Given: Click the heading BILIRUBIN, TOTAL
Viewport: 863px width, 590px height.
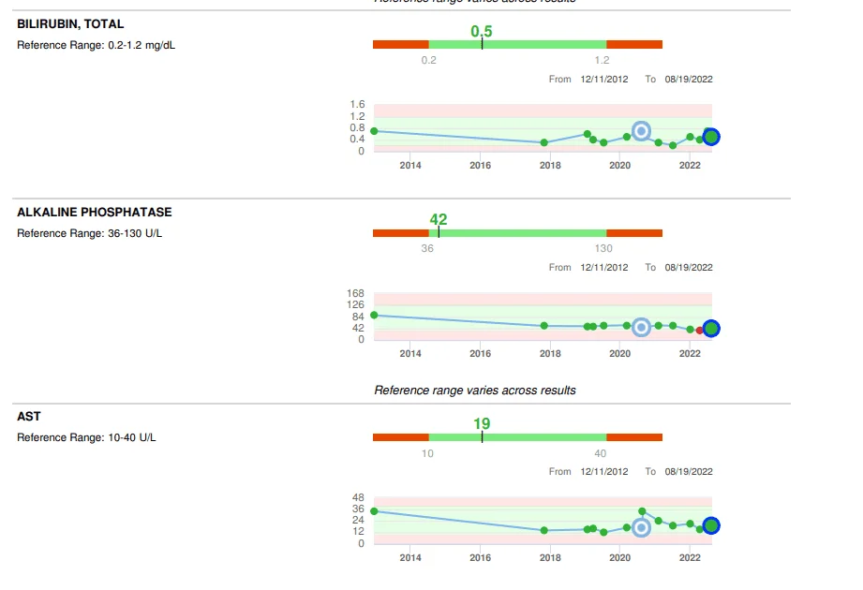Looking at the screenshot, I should point(70,24).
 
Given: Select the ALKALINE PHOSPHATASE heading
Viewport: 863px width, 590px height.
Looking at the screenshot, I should point(95,213).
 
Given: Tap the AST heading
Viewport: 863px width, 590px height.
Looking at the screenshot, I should point(29,417).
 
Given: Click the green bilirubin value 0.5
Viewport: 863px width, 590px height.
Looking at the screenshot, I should point(482,32).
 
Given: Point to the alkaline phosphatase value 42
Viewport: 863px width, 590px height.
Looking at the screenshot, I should point(439,220).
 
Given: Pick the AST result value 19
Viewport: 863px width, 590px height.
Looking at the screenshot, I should point(482,424).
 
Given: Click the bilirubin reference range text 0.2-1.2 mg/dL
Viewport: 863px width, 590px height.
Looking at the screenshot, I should point(141,45).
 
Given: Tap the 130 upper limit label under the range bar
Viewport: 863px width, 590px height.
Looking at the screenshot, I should point(604,248).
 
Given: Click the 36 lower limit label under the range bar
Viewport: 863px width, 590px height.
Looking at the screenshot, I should point(427,248).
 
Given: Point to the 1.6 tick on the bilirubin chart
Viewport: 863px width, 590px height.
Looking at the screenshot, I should point(357,104).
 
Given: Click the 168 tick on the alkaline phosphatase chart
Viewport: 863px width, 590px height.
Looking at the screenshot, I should point(355,293).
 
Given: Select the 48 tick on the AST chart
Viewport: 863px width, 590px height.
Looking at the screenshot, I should point(358,497).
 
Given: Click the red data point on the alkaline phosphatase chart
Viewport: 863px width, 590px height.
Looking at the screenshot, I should point(700,330).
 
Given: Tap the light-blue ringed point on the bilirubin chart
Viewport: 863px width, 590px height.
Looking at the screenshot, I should point(641,131).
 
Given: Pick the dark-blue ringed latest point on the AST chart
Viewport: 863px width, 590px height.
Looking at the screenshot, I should point(711,526).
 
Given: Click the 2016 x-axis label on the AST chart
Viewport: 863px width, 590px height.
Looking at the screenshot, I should point(480,558).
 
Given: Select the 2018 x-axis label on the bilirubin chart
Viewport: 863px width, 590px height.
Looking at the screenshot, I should point(550,166).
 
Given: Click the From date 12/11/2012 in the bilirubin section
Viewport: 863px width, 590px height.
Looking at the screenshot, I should point(604,80).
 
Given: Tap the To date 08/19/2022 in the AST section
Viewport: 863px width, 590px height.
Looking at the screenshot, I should point(689,471).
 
